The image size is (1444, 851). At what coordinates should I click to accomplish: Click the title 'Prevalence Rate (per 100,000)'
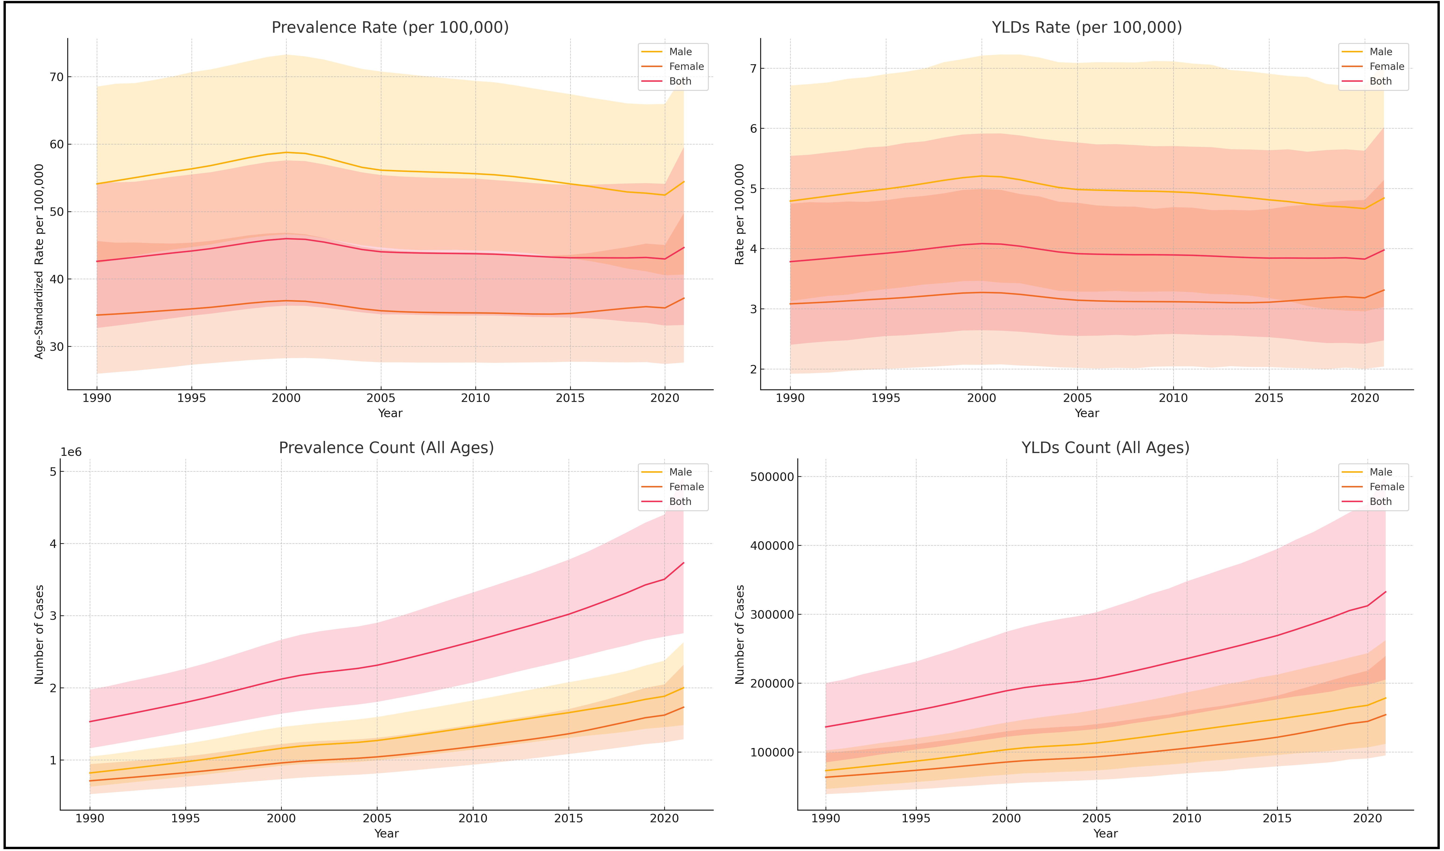(x=390, y=28)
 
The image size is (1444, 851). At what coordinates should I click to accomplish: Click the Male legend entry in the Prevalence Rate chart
(x=680, y=52)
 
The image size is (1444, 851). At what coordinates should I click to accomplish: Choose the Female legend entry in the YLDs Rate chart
(x=1386, y=67)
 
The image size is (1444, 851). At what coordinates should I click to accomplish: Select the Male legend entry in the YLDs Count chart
(x=1380, y=472)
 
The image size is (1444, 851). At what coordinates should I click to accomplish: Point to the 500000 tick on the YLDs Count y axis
(x=772, y=477)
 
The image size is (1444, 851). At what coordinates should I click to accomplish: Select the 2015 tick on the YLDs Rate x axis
(x=1269, y=398)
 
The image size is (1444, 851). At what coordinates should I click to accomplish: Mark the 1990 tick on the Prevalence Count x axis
(x=89, y=818)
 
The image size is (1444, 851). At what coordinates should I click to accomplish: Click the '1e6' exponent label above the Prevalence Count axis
(x=71, y=452)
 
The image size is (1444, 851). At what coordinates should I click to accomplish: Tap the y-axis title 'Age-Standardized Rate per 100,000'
(x=39, y=262)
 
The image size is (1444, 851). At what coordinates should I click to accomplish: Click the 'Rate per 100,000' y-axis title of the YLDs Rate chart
(x=739, y=214)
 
